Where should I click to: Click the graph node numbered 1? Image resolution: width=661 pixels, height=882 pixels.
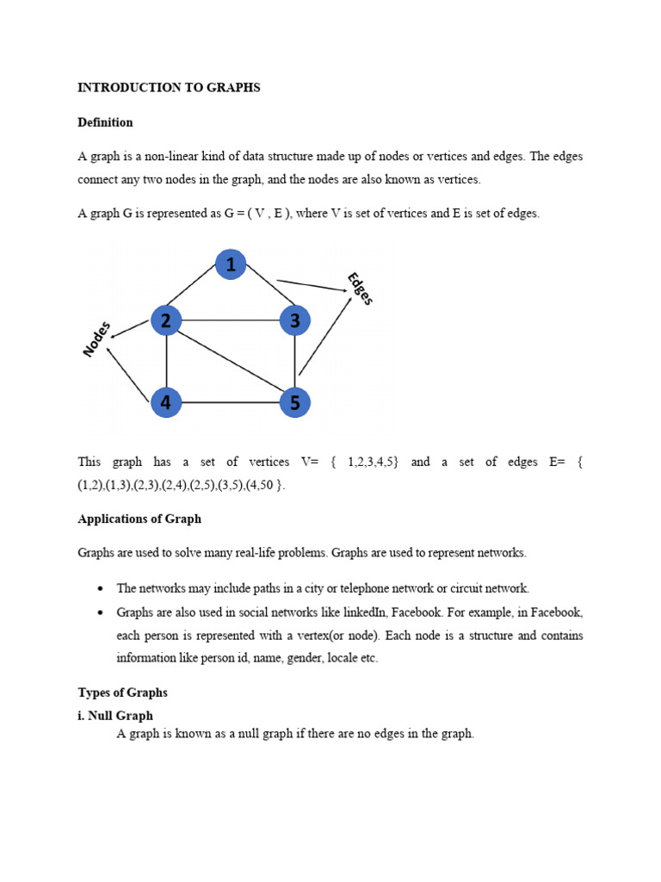pyautogui.click(x=231, y=264)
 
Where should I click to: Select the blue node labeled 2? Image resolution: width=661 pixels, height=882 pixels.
pyautogui.click(x=166, y=320)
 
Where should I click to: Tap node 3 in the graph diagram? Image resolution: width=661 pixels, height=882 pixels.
pyautogui.click(x=294, y=320)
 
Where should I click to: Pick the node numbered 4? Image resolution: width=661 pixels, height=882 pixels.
pyautogui.click(x=166, y=402)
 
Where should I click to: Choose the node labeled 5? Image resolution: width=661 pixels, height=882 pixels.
pyautogui.click(x=294, y=402)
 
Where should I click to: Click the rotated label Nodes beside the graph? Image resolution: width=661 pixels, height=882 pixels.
pyautogui.click(x=97, y=339)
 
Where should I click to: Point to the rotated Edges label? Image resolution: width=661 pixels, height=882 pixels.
pyautogui.click(x=360, y=289)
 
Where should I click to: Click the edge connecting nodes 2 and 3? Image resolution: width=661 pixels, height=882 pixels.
pyautogui.click(x=231, y=320)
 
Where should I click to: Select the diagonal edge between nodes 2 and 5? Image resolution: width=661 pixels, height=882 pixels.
pyautogui.click(x=231, y=362)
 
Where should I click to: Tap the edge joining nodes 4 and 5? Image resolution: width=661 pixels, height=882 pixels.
pyautogui.click(x=231, y=402)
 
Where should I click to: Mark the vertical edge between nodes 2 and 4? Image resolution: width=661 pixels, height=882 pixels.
pyautogui.click(x=166, y=362)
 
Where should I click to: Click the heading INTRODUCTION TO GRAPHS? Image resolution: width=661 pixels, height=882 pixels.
pyautogui.click(x=169, y=88)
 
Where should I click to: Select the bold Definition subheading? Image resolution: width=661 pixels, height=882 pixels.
pyautogui.click(x=105, y=122)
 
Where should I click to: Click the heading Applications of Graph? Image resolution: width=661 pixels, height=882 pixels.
pyautogui.click(x=139, y=519)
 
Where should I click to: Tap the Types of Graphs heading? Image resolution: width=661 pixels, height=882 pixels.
pyautogui.click(x=122, y=693)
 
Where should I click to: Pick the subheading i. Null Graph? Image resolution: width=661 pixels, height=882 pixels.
pyautogui.click(x=115, y=715)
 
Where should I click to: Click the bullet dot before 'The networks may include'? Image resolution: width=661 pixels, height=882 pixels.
pyautogui.click(x=101, y=589)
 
